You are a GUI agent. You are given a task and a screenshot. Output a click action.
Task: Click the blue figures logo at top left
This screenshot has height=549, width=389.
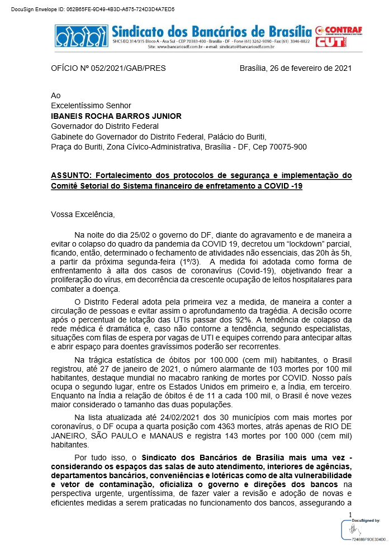[x=82, y=36]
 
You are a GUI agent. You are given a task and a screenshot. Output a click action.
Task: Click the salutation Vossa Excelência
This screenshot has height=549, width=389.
[x=82, y=214]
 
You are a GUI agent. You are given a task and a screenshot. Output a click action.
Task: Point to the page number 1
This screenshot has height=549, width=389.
[x=350, y=514]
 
